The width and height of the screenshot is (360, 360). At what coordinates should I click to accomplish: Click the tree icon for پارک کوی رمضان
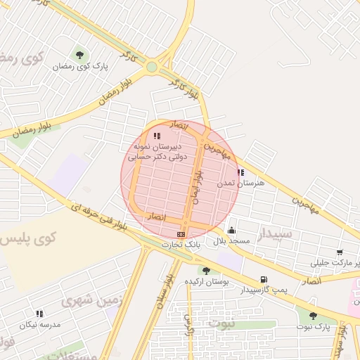click(x=79, y=55)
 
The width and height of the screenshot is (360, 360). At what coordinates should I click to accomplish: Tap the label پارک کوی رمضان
click(x=81, y=67)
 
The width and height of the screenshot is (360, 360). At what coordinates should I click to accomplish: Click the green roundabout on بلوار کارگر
click(x=152, y=67)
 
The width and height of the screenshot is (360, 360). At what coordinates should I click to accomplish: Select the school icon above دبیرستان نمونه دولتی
click(x=157, y=136)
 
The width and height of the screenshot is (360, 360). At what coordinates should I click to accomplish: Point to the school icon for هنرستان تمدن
click(x=241, y=172)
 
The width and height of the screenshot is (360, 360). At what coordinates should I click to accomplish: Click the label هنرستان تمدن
click(x=241, y=183)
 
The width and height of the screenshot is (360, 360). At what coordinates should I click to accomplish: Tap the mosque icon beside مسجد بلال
click(x=232, y=230)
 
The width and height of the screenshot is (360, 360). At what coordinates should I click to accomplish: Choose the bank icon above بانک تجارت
click(x=181, y=234)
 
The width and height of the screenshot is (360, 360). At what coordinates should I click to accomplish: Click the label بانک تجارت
click(x=181, y=245)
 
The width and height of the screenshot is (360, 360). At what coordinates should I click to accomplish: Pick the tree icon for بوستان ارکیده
click(x=206, y=271)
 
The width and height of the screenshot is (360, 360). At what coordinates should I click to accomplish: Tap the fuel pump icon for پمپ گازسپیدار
click(x=264, y=279)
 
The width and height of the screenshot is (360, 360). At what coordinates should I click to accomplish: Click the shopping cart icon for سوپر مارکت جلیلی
click(x=340, y=252)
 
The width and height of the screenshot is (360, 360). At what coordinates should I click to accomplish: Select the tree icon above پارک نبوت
click(x=313, y=316)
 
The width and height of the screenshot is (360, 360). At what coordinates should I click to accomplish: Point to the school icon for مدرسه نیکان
click(x=39, y=314)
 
